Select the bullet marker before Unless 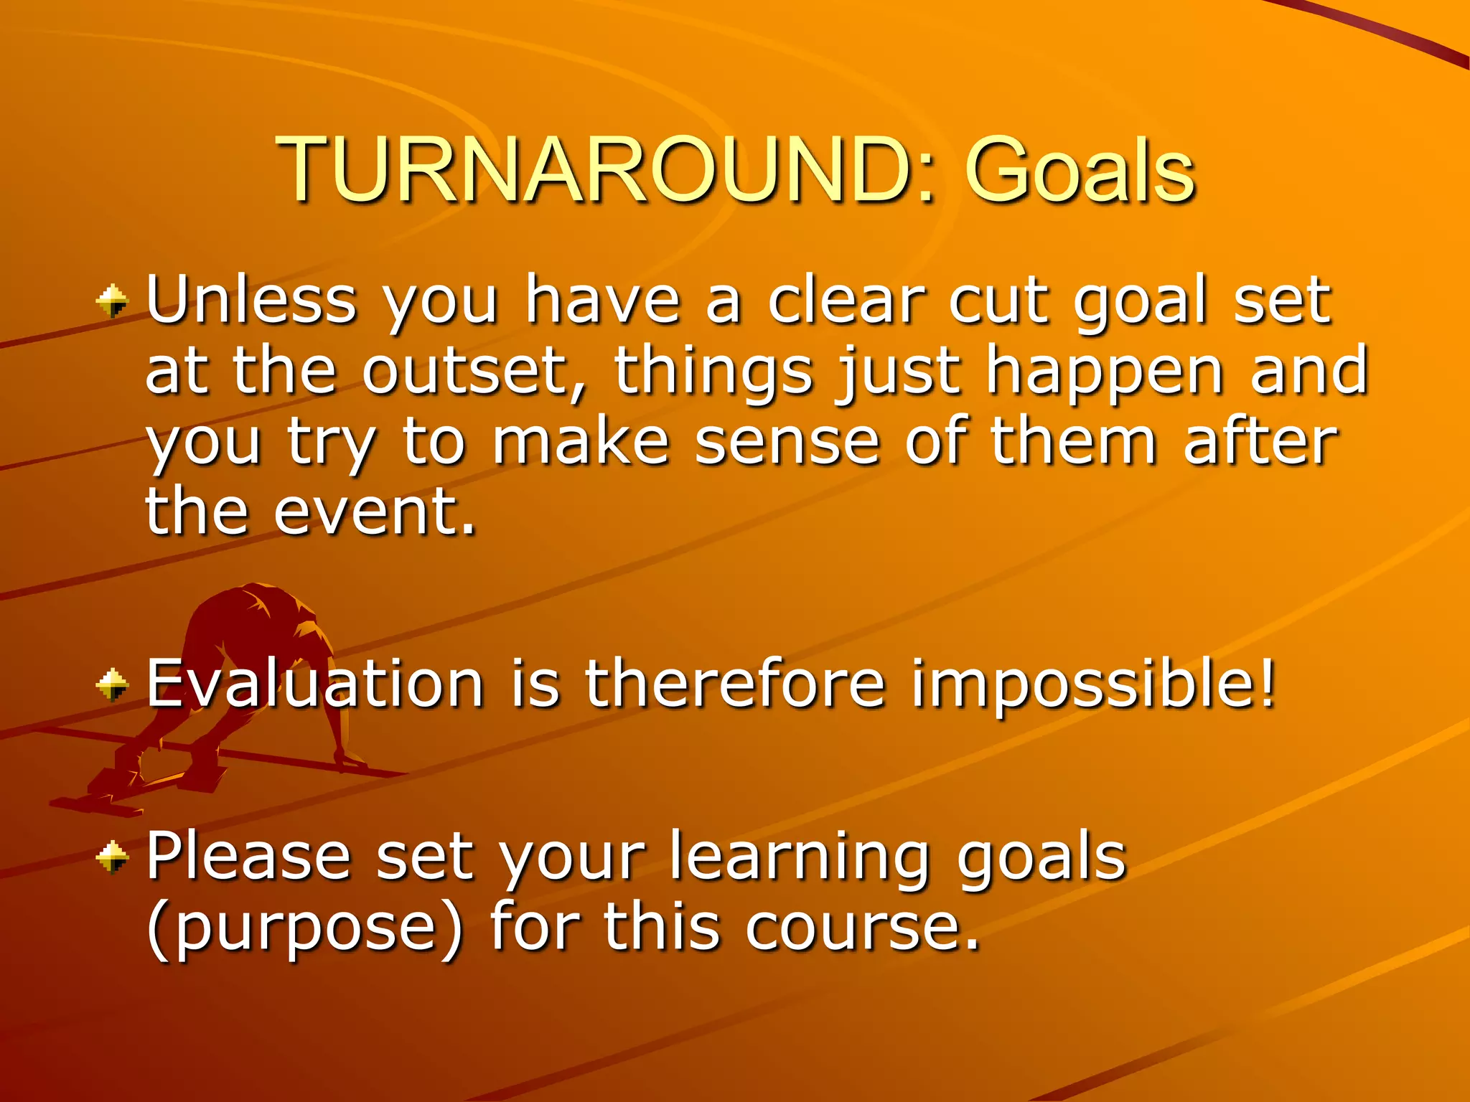point(112,301)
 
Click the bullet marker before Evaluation point(112,683)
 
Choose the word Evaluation point(314,683)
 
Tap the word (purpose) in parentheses point(305,928)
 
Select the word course point(861,927)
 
